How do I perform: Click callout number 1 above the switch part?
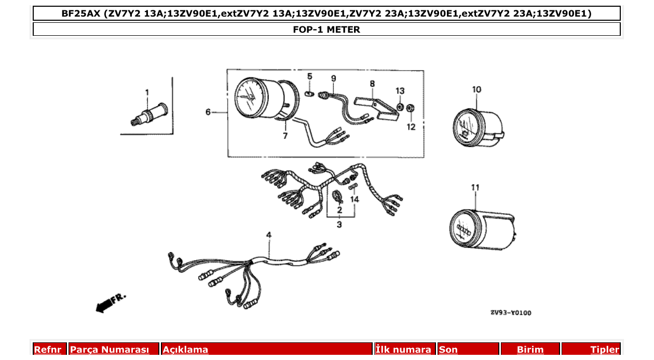tap(147, 92)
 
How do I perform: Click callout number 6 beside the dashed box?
tap(208, 112)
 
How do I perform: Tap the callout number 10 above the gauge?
tap(476, 89)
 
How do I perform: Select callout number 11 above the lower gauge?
tap(475, 188)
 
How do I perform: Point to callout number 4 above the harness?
tap(269, 236)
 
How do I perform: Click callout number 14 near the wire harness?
tap(355, 199)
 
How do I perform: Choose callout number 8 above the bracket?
tap(372, 83)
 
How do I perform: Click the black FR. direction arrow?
tap(105, 305)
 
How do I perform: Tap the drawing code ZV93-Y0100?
tap(511, 313)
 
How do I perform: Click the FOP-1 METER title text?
tap(326, 30)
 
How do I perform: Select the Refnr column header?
tap(48, 350)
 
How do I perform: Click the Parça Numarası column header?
tap(110, 350)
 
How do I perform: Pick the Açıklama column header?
tap(185, 350)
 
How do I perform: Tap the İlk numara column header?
tap(403, 350)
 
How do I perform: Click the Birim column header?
tap(530, 350)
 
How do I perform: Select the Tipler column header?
tap(605, 350)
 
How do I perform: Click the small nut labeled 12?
tap(410, 108)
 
